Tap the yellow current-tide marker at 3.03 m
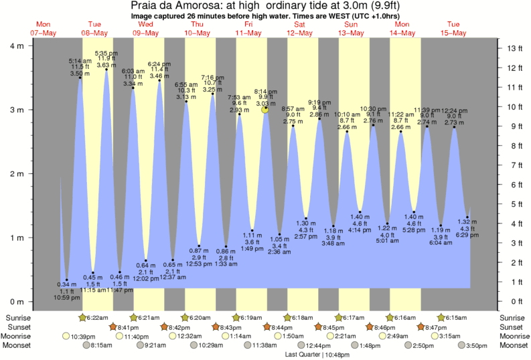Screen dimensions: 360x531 click(265, 109)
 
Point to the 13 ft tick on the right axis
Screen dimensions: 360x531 click(514, 48)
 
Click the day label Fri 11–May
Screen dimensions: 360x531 click(248, 28)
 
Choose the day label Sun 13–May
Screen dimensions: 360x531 click(351, 28)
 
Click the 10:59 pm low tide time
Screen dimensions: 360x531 click(68, 296)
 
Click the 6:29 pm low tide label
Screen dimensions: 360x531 click(467, 235)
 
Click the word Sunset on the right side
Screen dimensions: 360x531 click(512, 327)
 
